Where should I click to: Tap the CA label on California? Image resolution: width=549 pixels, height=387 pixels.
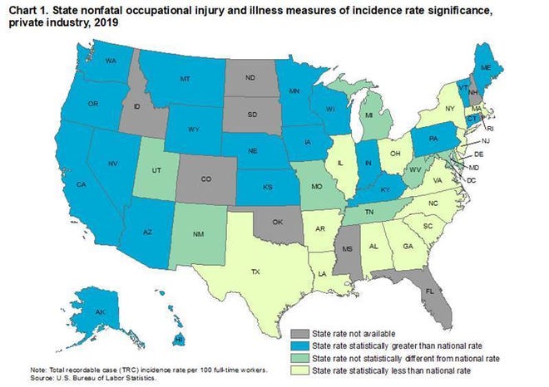pyautogui.click(x=60, y=184)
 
